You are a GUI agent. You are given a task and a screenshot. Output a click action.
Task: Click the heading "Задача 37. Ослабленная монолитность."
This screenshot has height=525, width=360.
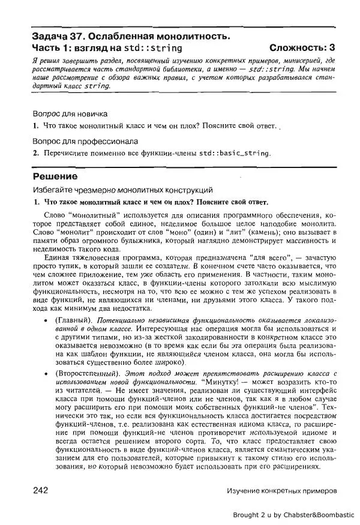click(131, 37)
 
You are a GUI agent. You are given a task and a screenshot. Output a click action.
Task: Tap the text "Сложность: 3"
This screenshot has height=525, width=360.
click(302, 48)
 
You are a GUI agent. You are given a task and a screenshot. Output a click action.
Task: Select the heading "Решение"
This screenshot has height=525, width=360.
click(55, 176)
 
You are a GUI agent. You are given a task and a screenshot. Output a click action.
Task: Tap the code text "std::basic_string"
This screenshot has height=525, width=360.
click(235, 153)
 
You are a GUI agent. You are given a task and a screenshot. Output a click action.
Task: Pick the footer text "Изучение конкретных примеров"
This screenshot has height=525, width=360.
click(281, 491)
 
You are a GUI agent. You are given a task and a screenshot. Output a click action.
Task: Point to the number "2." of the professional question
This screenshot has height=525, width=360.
click(35, 153)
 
